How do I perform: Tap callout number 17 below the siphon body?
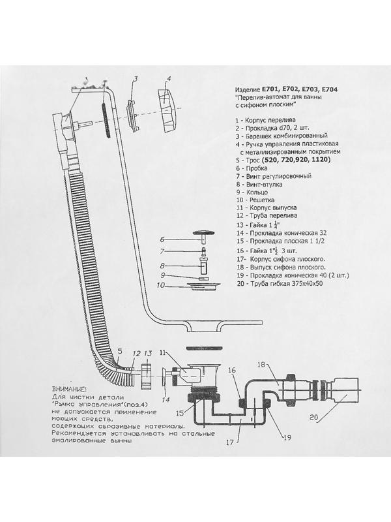pyautogui.click(x=230, y=442)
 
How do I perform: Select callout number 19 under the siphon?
pyautogui.click(x=287, y=437)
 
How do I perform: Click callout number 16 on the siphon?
pyautogui.click(x=232, y=370)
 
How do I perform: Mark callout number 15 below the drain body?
pyautogui.click(x=180, y=413)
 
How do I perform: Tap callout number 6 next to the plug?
pyautogui.click(x=162, y=239)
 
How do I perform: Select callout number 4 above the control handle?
pyautogui.click(x=169, y=79)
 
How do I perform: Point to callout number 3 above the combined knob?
pyautogui.click(x=136, y=79)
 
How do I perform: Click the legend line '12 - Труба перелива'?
pyautogui.click(x=267, y=215)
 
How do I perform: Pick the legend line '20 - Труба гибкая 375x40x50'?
pyautogui.click(x=279, y=284)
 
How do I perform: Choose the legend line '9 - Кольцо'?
pyautogui.click(x=252, y=192)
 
